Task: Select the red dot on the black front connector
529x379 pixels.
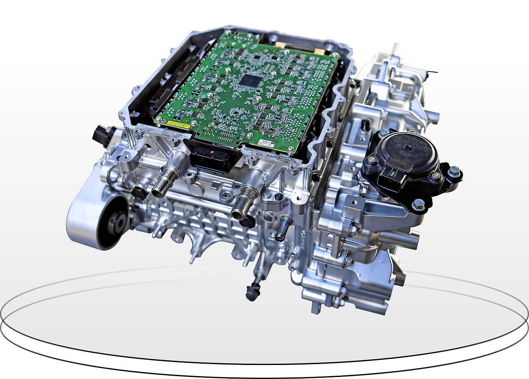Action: coord(212,153)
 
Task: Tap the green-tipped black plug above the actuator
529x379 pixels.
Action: coord(365,124)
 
